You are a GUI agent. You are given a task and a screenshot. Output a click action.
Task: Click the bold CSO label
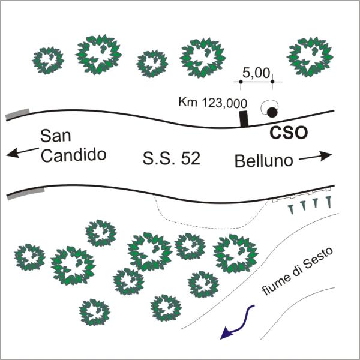pyautogui.click(x=289, y=133)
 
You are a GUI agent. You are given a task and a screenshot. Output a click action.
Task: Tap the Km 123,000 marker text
pyautogui.click(x=213, y=103)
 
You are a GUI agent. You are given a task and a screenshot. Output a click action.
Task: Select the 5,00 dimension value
pyautogui.click(x=256, y=73)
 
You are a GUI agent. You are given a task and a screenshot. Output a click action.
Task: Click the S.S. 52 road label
pyautogui.click(x=171, y=158)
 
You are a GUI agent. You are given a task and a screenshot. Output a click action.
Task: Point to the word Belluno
pyautogui.click(x=264, y=161)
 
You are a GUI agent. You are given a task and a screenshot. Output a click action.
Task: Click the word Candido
pyautogui.click(x=73, y=155)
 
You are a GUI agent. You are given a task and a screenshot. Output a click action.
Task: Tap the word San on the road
pyautogui.click(x=56, y=136)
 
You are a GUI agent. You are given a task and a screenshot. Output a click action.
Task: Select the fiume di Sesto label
pyautogui.click(x=298, y=271)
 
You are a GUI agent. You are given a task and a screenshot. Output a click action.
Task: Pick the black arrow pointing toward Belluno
pyautogui.click(x=316, y=156)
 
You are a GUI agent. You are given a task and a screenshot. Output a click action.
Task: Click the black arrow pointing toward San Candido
pyautogui.click(x=23, y=152)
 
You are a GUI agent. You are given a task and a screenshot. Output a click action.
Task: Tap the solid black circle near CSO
pyautogui.click(x=272, y=112)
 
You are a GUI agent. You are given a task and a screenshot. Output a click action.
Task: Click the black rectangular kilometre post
pyautogui.click(x=244, y=119)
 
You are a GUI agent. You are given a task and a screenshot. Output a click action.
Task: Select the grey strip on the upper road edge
pyautogui.click(x=17, y=113)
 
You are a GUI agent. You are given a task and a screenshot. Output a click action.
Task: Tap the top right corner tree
pyautogui.click(x=310, y=57)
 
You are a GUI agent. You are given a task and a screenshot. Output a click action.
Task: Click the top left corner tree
pyautogui.click(x=48, y=60)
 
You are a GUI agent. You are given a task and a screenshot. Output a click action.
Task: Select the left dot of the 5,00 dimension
pyautogui.click(x=241, y=82)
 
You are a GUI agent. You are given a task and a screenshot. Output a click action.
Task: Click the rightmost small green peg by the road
pyautogui.click(x=329, y=202)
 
